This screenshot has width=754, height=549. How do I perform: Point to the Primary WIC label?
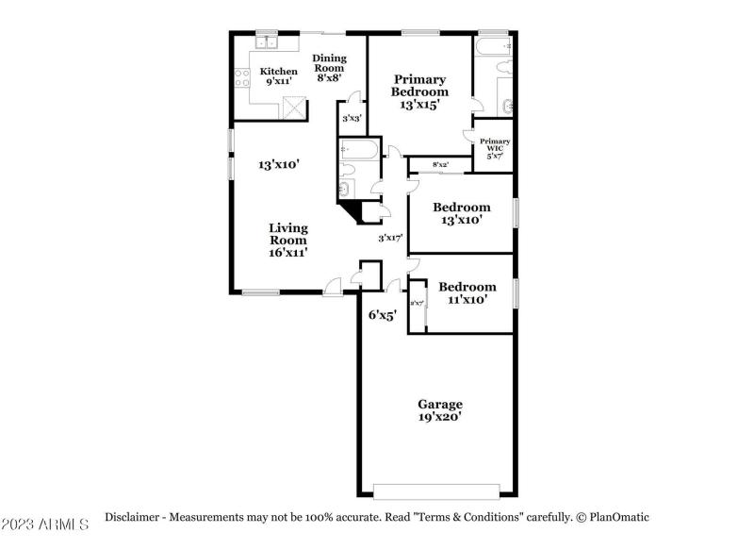495,147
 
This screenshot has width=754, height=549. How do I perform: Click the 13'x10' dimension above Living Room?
279,164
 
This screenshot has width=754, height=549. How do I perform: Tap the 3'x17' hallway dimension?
390,238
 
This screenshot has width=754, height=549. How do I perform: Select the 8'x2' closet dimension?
440,165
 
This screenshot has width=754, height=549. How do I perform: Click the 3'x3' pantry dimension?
352,119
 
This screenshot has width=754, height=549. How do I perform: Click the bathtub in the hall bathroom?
358,149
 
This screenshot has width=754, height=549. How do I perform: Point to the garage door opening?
435,491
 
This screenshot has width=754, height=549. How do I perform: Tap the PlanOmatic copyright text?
613,517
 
